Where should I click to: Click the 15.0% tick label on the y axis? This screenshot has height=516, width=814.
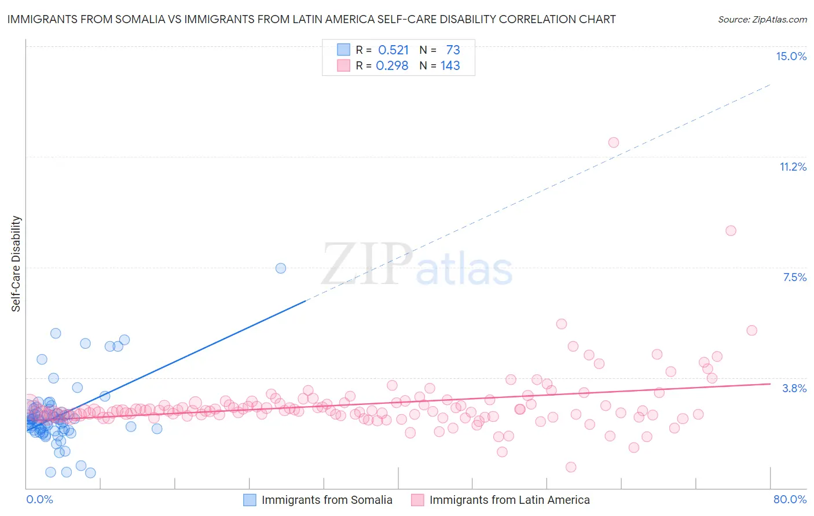[x=791, y=56]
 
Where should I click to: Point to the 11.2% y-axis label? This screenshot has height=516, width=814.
[x=793, y=167]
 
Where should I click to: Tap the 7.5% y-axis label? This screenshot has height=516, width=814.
[x=794, y=277]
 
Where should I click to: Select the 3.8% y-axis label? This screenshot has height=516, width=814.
[x=794, y=388]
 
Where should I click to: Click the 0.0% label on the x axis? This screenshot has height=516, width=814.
[x=39, y=499]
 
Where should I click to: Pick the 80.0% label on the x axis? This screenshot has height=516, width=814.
[x=790, y=499]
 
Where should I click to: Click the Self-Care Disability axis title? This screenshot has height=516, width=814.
[x=16, y=264]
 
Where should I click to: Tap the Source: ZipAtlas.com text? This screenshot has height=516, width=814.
[x=762, y=19]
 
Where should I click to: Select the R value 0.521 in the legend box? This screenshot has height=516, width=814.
[x=393, y=50]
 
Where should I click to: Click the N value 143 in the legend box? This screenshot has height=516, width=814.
[x=450, y=66]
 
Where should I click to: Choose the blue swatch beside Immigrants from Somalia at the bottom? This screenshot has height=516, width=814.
[x=250, y=500]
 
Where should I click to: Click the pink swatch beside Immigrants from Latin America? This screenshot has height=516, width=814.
[x=417, y=500]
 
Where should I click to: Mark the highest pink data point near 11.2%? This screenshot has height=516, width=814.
[x=613, y=142]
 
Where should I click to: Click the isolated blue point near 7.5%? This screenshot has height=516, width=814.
[x=281, y=268]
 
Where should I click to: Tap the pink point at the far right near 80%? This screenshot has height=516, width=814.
[x=751, y=330]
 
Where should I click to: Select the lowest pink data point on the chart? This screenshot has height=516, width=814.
[x=571, y=467]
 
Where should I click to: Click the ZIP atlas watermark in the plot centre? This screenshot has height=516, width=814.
[x=417, y=265]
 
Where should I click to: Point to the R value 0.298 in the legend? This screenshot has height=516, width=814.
[x=392, y=66]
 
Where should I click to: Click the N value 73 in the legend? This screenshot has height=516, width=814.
[x=453, y=50]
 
